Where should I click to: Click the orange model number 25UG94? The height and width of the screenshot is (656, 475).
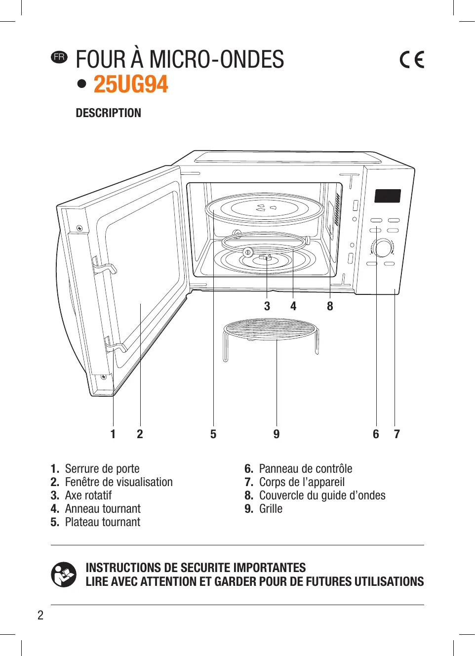(x=131, y=84)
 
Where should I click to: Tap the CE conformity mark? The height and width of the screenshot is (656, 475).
(x=412, y=59)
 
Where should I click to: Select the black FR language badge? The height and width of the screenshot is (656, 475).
(x=59, y=57)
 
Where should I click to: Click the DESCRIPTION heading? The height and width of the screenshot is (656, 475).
(x=108, y=113)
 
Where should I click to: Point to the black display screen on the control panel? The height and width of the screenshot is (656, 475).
(x=388, y=196)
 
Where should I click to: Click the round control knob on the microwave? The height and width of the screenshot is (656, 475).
(x=382, y=248)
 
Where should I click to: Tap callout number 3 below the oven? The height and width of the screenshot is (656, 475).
(x=267, y=306)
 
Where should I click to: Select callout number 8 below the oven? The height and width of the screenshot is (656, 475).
(x=330, y=306)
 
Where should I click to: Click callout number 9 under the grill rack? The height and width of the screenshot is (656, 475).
(x=277, y=434)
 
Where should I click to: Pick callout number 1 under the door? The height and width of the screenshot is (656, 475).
(x=113, y=434)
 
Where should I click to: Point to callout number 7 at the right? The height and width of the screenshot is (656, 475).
(x=396, y=434)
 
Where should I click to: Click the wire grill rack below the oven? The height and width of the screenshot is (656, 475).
(x=271, y=329)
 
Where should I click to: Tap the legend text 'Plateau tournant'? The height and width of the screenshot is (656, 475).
(x=102, y=522)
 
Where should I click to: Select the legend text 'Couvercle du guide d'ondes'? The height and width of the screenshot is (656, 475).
(x=322, y=495)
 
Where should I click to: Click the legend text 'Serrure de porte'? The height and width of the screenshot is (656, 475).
(x=102, y=469)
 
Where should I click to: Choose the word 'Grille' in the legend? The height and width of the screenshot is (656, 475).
(x=271, y=509)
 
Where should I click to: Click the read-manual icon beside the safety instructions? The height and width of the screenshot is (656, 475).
(x=64, y=574)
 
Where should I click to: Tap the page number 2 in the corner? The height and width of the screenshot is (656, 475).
(x=40, y=615)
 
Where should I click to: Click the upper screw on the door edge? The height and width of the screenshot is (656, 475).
(x=79, y=228)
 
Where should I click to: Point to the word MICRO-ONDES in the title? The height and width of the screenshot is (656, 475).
(x=217, y=59)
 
